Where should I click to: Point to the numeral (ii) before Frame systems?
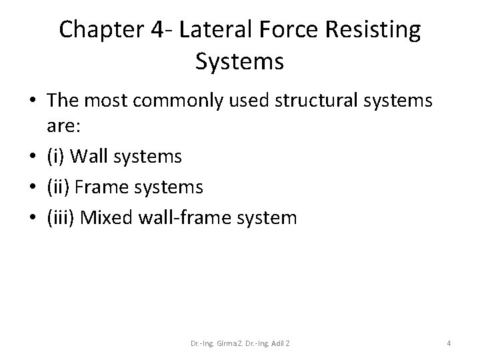tap(58, 187)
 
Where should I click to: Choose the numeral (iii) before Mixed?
tap(61, 218)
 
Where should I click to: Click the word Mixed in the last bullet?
tap(105, 218)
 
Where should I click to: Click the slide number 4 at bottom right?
tap(449, 343)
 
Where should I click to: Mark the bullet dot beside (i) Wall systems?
tap(32, 157)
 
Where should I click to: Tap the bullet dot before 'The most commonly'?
tap(32, 102)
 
